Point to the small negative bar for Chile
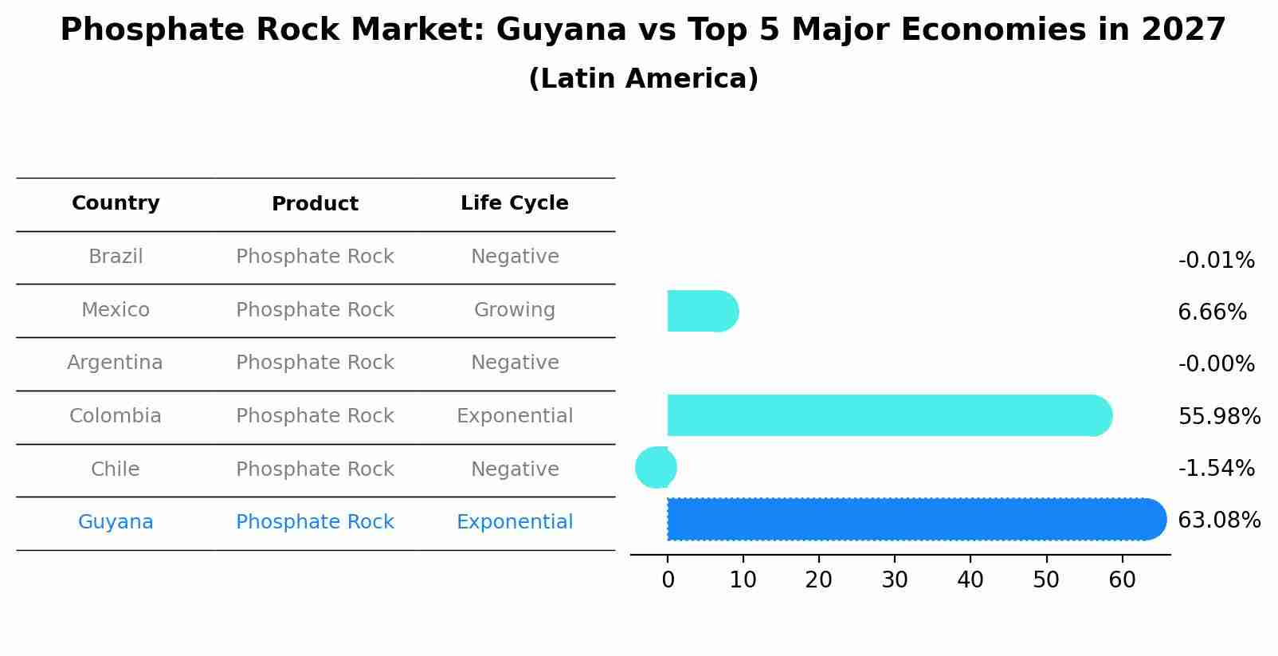pyautogui.click(x=656, y=468)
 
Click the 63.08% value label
pyautogui.click(x=1218, y=520)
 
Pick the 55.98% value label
pyautogui.click(x=1218, y=417)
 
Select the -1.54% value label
pyautogui.click(x=1216, y=469)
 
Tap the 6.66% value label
pyautogui.click(x=1212, y=312)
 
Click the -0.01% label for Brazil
pyautogui.click(x=1216, y=261)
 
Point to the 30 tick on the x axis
pyautogui.click(x=895, y=580)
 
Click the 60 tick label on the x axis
pyautogui.click(x=1122, y=580)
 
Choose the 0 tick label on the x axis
pyautogui.click(x=668, y=580)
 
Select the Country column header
pyautogui.click(x=116, y=203)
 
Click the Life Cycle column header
pyautogui.click(x=515, y=203)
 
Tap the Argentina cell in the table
pyautogui.click(x=116, y=363)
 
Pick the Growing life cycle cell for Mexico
pyautogui.click(x=515, y=310)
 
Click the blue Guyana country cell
pyautogui.click(x=116, y=522)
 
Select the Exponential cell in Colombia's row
pyautogui.click(x=515, y=416)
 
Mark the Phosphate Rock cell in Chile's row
pyautogui.click(x=315, y=469)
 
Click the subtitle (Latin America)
pyautogui.click(x=643, y=79)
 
